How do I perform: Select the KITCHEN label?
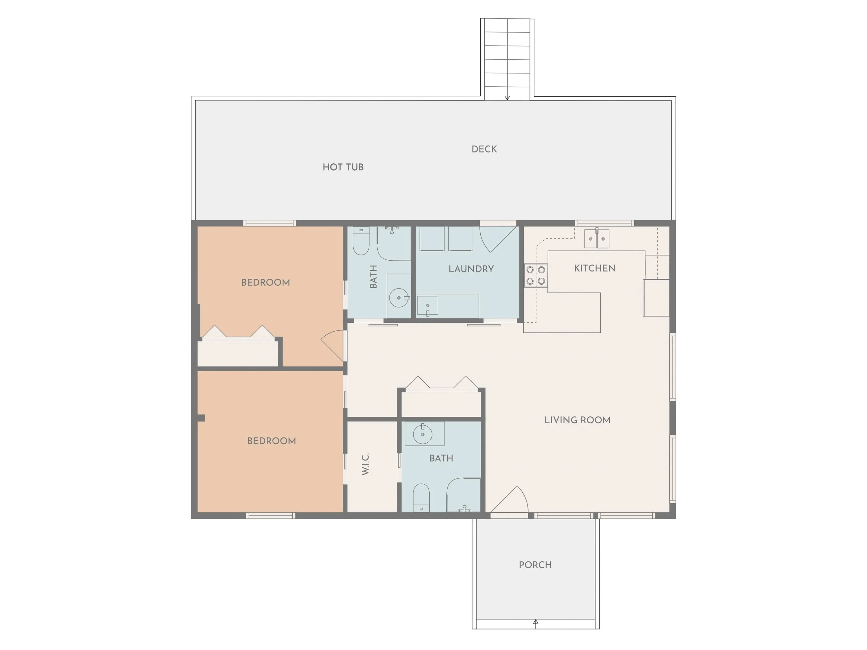[594, 268]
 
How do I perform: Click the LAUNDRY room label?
[471, 269]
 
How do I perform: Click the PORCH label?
[535, 565]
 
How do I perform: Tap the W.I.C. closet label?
[365, 464]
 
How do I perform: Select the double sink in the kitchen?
[596, 239]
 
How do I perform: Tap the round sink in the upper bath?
[398, 298]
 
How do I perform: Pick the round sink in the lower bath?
[422, 434]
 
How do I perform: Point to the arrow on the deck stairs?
[507, 97]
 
